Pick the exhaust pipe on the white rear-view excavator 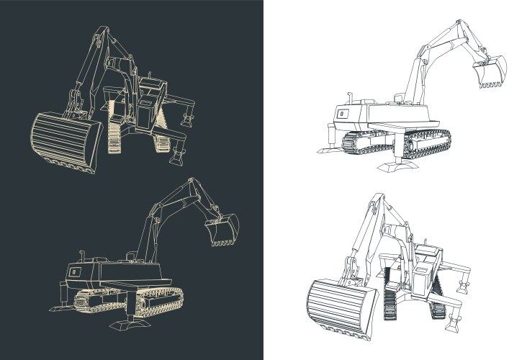[348, 97]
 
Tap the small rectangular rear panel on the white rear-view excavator [343, 113]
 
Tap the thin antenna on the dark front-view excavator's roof [150, 77]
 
